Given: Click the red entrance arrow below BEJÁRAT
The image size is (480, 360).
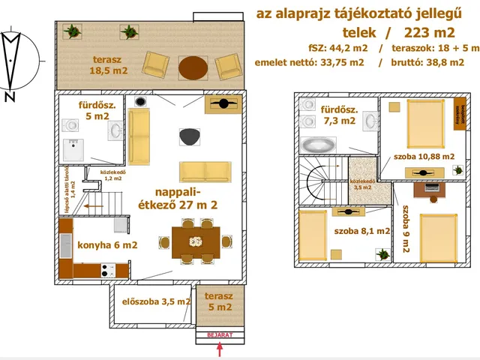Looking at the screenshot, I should [220, 349].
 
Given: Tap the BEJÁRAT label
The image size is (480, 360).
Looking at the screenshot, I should [220, 335].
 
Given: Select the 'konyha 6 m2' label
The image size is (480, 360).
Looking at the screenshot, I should [108, 244].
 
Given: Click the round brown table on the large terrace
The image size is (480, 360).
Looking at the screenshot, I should [193, 68].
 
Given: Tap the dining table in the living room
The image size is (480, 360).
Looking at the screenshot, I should [196, 241].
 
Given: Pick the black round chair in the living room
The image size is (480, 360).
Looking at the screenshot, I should [189, 136].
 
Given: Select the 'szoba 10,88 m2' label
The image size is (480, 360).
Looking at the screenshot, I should [424, 157].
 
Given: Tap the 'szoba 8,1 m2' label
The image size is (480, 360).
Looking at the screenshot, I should [362, 232].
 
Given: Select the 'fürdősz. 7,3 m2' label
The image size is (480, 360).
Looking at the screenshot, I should [339, 115].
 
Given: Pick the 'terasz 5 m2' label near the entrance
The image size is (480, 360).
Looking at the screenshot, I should [220, 301].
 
